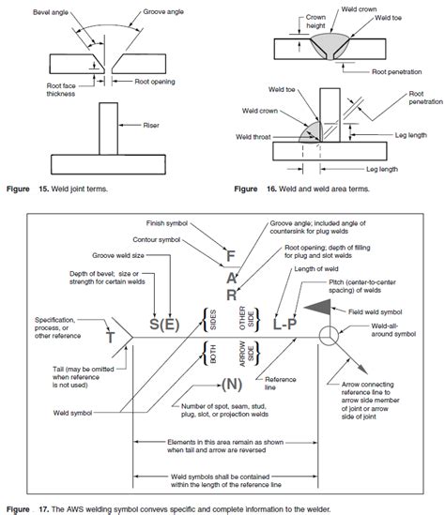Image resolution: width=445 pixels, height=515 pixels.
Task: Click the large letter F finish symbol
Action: click(229, 255)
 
